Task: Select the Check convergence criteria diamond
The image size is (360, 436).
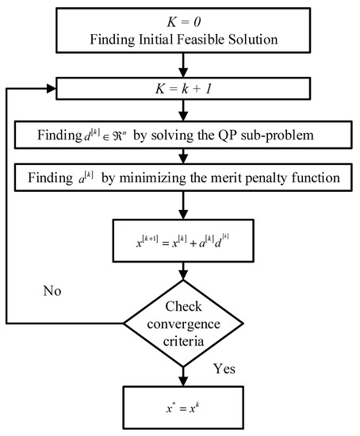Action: tap(184, 323)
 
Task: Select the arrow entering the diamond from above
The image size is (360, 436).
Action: tap(184, 271)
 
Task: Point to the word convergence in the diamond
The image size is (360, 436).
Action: tap(184, 323)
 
